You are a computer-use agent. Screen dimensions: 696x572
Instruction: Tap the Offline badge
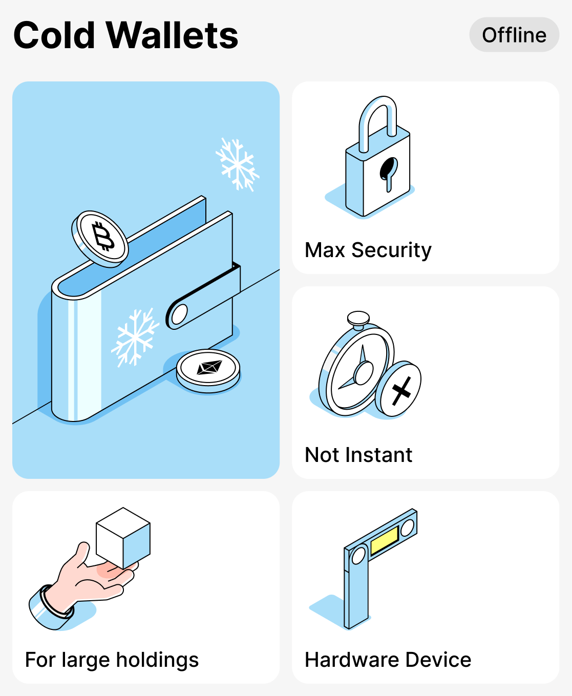514,35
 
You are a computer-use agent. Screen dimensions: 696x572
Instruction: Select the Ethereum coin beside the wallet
208,370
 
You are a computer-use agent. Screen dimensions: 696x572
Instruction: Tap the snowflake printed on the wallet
135,338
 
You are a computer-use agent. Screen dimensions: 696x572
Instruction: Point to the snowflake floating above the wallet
237,164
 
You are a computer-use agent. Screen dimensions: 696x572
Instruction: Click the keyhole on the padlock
388,172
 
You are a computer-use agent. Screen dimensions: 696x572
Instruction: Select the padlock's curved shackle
377,118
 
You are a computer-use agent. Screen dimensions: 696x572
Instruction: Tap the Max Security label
368,250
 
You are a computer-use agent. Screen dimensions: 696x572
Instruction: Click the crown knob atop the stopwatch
358,319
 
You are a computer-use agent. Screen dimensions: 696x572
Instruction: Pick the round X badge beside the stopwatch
399,389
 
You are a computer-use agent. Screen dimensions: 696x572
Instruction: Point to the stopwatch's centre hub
364,372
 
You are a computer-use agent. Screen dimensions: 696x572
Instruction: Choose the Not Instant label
358,455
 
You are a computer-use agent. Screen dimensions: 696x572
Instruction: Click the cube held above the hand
123,538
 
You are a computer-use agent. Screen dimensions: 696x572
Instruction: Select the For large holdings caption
112,660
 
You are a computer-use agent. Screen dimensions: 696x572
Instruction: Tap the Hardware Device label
388,660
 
